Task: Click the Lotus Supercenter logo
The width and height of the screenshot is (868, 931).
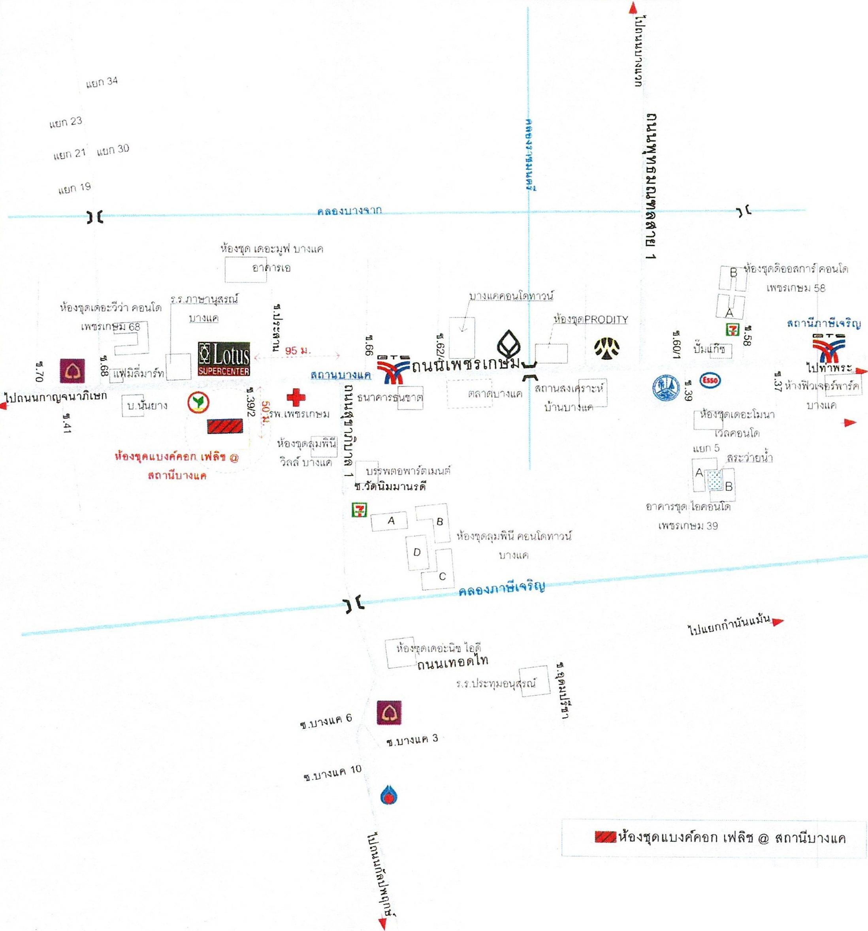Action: point(224,359)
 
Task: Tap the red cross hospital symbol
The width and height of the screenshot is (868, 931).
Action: point(296,397)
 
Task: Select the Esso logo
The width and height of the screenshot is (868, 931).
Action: point(710,380)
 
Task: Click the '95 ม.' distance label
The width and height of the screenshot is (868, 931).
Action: point(297,350)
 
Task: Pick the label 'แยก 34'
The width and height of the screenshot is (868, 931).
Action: point(102,83)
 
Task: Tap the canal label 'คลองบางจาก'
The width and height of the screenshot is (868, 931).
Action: point(349,211)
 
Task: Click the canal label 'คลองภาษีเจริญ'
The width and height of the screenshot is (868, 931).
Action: point(502,588)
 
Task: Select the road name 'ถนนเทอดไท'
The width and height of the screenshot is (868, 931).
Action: point(452,661)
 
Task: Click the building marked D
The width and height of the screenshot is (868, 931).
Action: point(417,552)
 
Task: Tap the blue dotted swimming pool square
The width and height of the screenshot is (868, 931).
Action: point(715,480)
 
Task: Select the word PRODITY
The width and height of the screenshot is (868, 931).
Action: point(606,320)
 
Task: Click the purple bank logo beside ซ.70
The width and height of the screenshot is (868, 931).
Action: point(72,371)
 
